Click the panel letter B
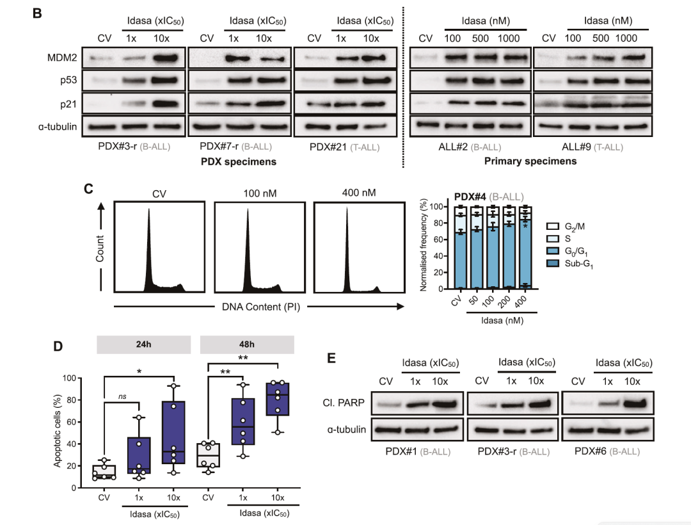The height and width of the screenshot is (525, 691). (38, 13)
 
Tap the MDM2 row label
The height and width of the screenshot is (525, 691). (61, 58)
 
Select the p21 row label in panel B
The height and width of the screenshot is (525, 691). (68, 104)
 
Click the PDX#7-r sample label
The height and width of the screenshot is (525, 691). (219, 147)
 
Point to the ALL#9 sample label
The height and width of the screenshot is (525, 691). (576, 147)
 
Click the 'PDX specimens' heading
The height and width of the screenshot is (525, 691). (239, 162)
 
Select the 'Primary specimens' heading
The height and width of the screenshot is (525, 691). (530, 161)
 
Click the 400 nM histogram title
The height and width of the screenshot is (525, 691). (359, 193)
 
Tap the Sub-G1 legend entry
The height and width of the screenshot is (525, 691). (569, 264)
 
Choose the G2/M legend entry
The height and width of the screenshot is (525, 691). (566, 227)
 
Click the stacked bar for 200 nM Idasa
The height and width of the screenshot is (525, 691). (509, 247)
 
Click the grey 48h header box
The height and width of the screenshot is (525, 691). (247, 344)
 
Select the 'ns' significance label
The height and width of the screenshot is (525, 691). (122, 396)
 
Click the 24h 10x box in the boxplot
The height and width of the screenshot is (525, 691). (173, 432)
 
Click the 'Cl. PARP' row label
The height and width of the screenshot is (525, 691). (344, 403)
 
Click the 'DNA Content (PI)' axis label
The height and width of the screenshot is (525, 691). (261, 307)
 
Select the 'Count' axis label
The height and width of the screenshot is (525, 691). (100, 248)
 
